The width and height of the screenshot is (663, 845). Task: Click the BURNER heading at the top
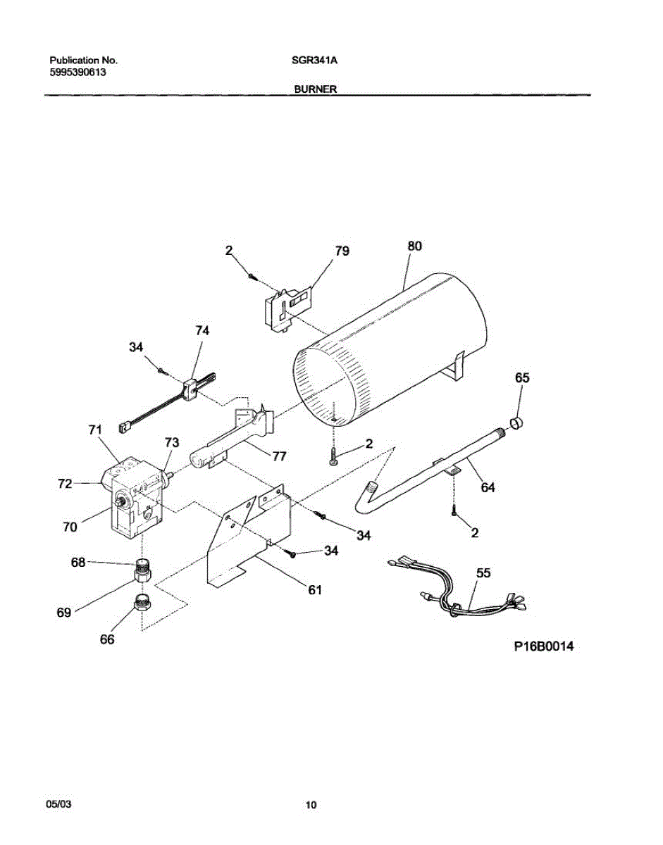click(315, 89)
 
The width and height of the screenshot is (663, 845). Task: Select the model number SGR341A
click(315, 61)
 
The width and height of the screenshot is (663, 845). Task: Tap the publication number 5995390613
click(78, 73)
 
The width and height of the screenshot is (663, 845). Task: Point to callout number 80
click(414, 246)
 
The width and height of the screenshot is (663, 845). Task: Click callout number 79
click(342, 251)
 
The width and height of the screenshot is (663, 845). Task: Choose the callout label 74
click(202, 330)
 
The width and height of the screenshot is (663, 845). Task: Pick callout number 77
click(279, 456)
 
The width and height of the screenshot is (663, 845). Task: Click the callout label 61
click(314, 590)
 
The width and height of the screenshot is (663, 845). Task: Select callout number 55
click(483, 573)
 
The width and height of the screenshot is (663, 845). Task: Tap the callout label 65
click(522, 377)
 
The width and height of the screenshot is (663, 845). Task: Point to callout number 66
click(107, 639)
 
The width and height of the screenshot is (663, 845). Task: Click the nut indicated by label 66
click(144, 602)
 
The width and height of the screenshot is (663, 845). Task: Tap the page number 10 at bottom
click(311, 806)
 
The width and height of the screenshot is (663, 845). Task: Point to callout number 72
click(65, 484)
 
